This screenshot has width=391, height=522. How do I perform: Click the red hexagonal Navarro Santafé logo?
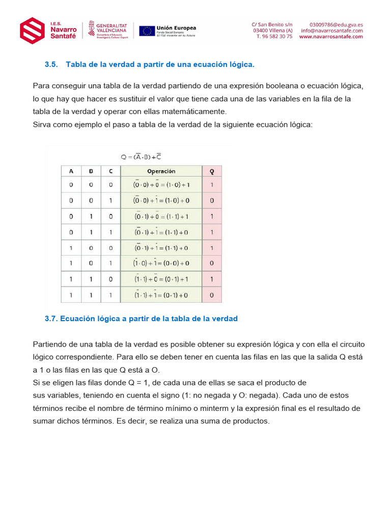click(32, 30)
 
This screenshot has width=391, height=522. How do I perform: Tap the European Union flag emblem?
click(147, 31)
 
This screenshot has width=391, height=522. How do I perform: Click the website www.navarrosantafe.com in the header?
click(331, 37)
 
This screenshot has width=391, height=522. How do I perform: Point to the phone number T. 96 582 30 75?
click(274, 37)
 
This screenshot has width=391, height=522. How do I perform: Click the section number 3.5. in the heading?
click(51, 65)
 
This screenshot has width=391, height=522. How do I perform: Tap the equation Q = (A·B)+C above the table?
click(138, 156)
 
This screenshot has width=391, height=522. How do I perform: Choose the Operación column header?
click(161, 171)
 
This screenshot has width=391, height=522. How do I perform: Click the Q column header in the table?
click(212, 171)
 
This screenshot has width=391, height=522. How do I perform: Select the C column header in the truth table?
click(111, 171)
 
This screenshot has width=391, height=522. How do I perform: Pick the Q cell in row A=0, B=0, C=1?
click(212, 201)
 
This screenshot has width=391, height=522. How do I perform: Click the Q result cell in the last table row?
click(212, 295)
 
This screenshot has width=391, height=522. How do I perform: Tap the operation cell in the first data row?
click(161, 185)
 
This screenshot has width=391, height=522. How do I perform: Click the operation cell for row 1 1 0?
click(161, 279)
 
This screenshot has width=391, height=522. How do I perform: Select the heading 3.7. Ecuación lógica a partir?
click(141, 319)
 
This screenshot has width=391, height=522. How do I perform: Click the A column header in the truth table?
click(71, 171)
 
